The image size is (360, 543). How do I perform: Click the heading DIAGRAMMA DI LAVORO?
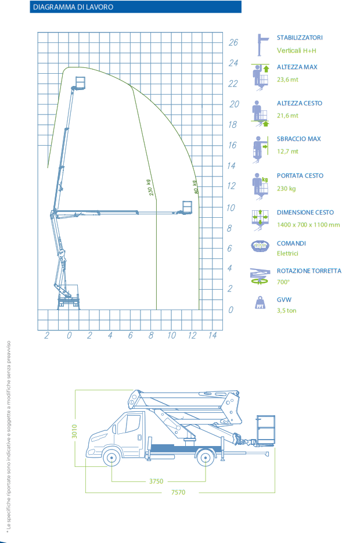[x=73, y=7]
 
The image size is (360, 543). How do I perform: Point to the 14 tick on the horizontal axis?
[x=212, y=335]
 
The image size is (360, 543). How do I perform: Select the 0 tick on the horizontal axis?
[x=69, y=335]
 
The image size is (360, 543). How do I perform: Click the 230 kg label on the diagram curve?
[x=152, y=188]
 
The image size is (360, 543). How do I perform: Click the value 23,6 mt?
[x=289, y=80]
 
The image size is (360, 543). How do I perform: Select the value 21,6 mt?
[x=287, y=116]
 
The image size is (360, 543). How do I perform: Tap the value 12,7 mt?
[x=287, y=151]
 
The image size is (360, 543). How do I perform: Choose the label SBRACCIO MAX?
[x=298, y=139]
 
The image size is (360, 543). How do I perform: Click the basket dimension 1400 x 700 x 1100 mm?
[x=308, y=224]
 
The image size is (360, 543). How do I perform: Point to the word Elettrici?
[x=287, y=253]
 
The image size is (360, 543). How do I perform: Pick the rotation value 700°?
[x=283, y=282]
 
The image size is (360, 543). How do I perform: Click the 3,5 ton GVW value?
[x=286, y=310]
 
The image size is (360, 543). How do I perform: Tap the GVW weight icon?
[x=260, y=304]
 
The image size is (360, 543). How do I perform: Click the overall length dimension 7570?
[x=178, y=492]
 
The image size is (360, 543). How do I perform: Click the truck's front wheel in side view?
[x=111, y=458]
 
